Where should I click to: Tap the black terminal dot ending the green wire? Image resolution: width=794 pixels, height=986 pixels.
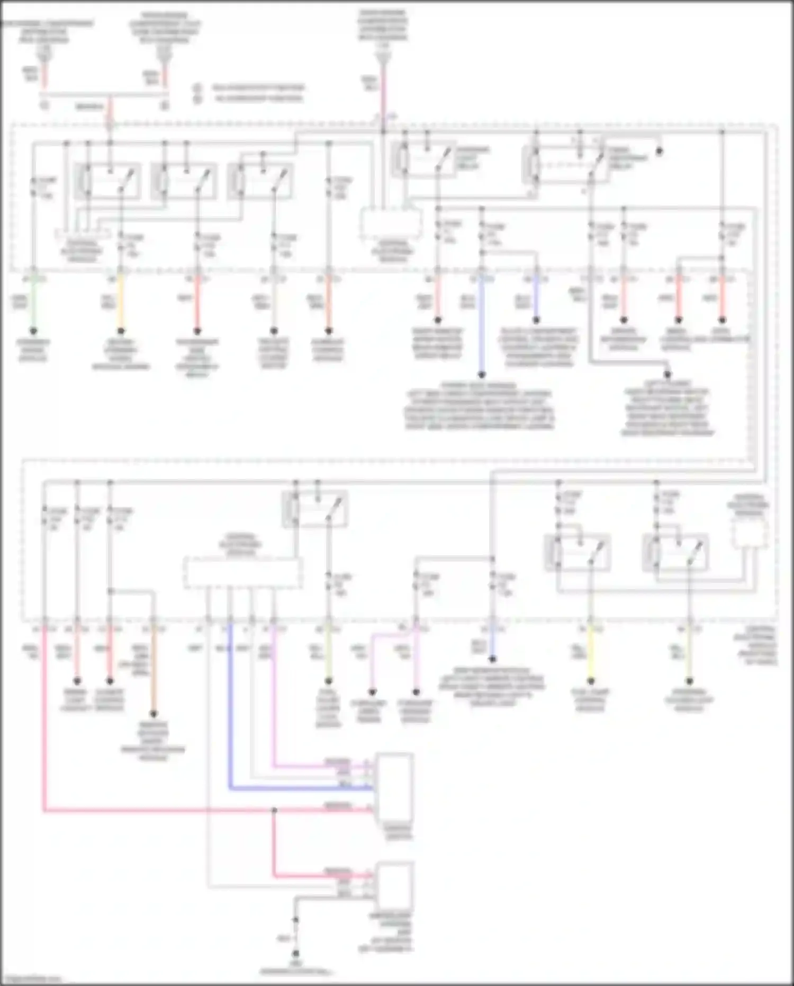click(33, 331)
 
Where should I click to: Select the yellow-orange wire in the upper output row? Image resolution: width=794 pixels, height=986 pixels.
click(121, 302)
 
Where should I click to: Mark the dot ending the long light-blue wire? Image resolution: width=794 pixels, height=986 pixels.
click(482, 375)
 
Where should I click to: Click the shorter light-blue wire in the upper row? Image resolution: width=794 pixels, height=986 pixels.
click(536, 299)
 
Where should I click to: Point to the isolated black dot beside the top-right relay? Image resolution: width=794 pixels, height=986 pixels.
click(660, 151)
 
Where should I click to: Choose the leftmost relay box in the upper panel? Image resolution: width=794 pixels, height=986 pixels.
click(107, 181)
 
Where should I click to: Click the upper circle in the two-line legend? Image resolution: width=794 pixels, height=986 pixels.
click(197, 87)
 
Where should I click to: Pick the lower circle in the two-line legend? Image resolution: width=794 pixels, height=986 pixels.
click(197, 99)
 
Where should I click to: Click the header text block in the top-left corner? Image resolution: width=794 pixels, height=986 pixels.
click(48, 32)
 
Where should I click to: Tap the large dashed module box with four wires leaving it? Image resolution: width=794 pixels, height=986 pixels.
click(243, 573)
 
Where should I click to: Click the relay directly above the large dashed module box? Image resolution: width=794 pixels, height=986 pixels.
click(315, 509)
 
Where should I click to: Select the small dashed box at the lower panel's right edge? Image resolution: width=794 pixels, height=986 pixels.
click(750, 533)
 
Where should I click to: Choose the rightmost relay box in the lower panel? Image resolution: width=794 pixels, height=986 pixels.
click(675, 553)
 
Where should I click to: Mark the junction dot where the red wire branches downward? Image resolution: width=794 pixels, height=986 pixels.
click(274, 810)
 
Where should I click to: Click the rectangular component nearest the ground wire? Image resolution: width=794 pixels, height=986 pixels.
click(394, 885)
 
